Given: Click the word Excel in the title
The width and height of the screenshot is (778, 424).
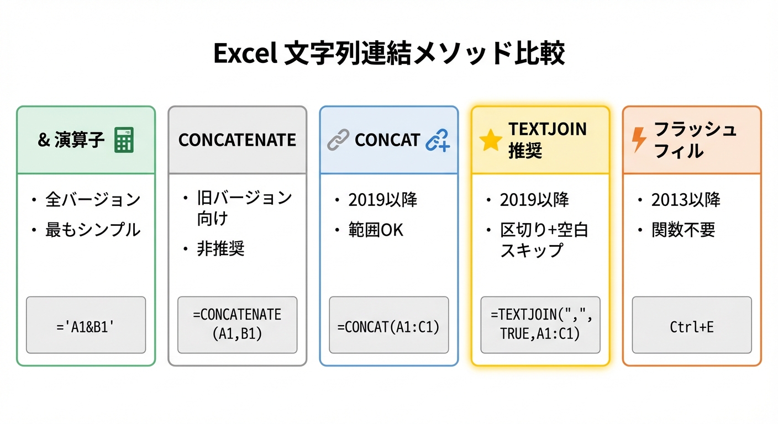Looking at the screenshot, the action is coord(245,53).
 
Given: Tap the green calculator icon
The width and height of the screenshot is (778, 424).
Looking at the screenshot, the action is coord(124,140).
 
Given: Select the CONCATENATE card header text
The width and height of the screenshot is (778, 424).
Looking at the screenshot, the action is coord(237,140).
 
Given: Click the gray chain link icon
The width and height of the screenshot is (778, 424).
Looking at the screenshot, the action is coord(338,140).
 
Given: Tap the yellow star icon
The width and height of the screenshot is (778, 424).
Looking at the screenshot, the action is coord(491,140).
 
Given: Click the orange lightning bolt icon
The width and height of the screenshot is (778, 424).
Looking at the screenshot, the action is coord(639,140).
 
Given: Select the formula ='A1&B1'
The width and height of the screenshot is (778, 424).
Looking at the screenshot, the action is coord(86,327).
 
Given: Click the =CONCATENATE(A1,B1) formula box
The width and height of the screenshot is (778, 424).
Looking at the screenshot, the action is coord(237,325).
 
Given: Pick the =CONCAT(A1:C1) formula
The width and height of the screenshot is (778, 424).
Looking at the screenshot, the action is coord(388,327).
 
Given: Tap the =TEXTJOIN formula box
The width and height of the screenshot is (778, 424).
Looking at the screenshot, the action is coord(540,325).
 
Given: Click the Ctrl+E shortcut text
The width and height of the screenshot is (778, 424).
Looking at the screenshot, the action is coord(691,327).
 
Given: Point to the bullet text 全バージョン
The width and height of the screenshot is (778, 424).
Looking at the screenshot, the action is coord(93,199).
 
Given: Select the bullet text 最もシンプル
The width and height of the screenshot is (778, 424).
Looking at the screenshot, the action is coord(93,230).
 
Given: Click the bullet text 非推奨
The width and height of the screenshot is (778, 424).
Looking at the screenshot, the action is coord(220,248).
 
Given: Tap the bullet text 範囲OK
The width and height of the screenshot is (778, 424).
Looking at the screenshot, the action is coord(376,230).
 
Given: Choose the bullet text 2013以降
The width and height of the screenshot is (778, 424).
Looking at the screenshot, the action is coord(686,199).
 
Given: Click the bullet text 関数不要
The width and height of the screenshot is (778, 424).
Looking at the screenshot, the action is coord(683,230).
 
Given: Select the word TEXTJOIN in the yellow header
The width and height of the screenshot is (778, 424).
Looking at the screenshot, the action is coord(548,129).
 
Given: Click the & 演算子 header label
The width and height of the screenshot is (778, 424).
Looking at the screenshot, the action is coord(71,140).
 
